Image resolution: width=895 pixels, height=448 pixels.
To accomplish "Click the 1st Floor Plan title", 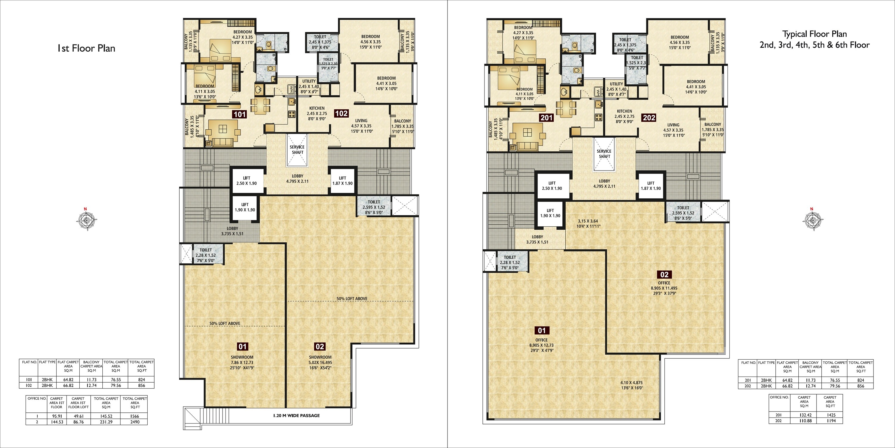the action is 86,48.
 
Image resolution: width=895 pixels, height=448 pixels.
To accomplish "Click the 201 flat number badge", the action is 547,118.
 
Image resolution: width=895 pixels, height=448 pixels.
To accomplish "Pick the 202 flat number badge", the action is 649,118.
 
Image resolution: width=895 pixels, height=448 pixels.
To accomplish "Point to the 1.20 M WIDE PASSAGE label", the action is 296,415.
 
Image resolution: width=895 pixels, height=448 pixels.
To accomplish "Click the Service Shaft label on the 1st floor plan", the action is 297,150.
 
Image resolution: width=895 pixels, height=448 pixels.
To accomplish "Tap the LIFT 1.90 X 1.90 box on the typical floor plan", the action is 550,213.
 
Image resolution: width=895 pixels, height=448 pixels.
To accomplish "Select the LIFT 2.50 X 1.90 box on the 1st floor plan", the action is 247,181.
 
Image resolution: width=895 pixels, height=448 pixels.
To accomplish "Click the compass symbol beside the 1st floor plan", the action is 85,220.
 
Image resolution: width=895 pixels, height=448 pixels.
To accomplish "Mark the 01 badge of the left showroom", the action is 243,346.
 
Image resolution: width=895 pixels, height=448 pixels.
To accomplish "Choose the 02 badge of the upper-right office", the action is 664,274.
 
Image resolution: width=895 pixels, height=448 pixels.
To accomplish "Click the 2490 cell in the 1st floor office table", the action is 135,421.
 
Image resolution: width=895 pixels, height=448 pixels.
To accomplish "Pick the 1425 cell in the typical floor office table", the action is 830,415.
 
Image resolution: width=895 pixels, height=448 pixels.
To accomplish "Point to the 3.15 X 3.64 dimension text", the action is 588,221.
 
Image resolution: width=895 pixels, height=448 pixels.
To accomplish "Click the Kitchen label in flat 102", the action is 317,108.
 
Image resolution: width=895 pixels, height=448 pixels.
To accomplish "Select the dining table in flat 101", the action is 260,106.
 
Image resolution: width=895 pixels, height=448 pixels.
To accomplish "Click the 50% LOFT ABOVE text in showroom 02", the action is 352,298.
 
